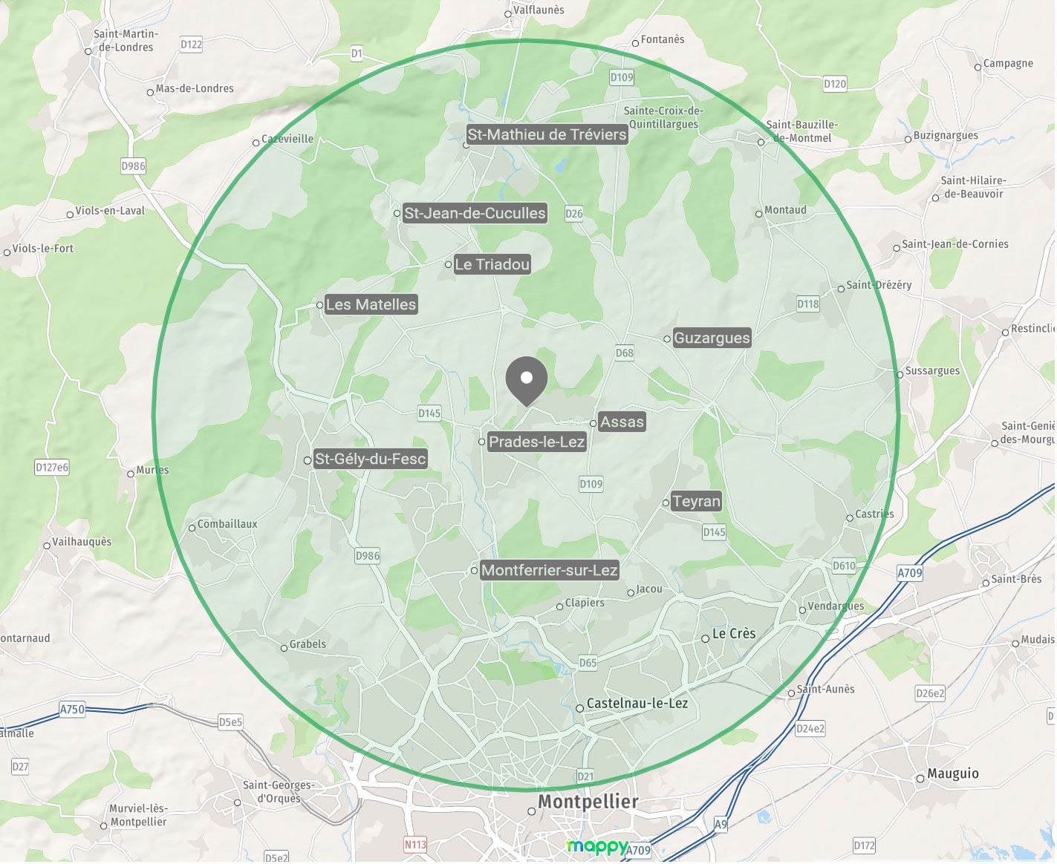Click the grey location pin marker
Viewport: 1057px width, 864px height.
click(x=527, y=379)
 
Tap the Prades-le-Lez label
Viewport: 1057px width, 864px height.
click(x=536, y=442)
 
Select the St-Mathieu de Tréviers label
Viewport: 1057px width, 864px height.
click(x=547, y=134)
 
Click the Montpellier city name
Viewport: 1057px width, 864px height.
click(x=588, y=802)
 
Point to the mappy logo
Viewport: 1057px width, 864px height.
click(x=596, y=847)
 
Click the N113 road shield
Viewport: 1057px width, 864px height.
click(x=415, y=845)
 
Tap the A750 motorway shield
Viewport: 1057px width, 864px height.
click(x=72, y=710)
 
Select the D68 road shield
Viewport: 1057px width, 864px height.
click(x=625, y=353)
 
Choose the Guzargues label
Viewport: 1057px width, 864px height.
click(x=712, y=338)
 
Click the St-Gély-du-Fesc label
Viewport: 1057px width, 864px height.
click(x=370, y=459)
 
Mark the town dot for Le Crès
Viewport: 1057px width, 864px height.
click(x=706, y=638)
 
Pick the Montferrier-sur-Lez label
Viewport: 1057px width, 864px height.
click(x=549, y=571)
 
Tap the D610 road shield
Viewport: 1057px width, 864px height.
click(x=844, y=566)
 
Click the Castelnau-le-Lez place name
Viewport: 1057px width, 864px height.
click(x=637, y=704)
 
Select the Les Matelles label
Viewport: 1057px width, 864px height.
click(x=371, y=305)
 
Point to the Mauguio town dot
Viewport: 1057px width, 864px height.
click(x=920, y=779)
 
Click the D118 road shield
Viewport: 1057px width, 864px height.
click(x=808, y=304)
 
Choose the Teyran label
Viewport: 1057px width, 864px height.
click(x=696, y=502)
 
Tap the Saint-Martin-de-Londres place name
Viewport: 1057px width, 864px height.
click(x=126, y=41)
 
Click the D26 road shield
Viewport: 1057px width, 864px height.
click(x=574, y=214)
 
